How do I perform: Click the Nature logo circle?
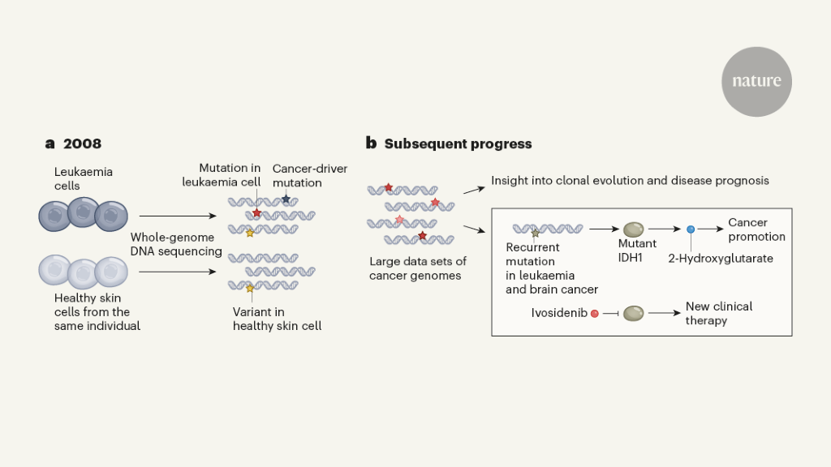756,81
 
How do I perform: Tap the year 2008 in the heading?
82,144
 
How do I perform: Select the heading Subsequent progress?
458,144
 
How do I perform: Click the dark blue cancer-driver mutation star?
286,199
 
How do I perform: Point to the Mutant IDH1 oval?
633,229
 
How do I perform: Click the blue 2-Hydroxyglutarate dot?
691,230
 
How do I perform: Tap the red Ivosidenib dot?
595,313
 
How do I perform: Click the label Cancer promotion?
756,229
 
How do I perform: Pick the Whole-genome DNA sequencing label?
177,244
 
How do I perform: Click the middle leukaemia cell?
82,214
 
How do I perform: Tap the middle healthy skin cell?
82,273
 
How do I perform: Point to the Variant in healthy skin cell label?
277,319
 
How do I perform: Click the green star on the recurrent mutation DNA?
535,233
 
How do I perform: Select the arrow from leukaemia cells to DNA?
178,216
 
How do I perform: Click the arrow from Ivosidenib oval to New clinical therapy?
663,313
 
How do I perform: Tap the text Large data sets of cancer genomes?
418,268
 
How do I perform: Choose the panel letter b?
371,144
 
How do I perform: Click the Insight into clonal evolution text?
630,180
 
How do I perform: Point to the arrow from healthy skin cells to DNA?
178,272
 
